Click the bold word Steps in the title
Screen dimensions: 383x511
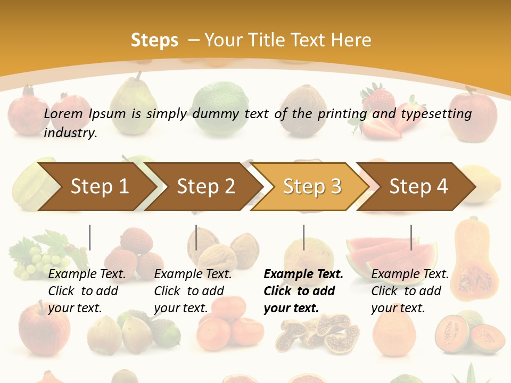point(154,40)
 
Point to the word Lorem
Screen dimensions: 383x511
point(63,113)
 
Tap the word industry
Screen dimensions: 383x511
point(70,133)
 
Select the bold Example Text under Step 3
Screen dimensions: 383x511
point(303,274)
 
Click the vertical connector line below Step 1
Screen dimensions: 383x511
point(89,237)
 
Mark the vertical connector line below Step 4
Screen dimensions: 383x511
point(411,237)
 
